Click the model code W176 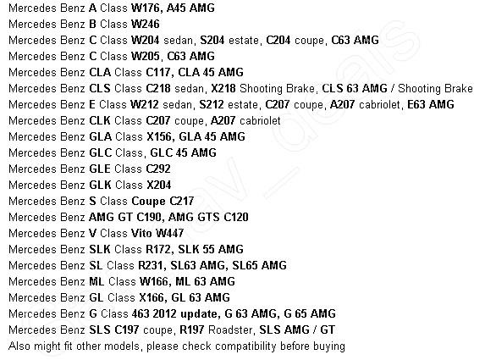point(146,8)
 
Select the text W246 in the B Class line point(146,24)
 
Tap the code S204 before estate point(212,40)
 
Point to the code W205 point(146,56)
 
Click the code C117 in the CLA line point(157,72)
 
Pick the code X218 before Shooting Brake point(223,88)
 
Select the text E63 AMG point(431,104)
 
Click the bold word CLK point(100,120)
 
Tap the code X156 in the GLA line point(159,136)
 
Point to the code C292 point(158,169)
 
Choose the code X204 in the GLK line point(159,185)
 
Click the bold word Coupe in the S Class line point(148,202)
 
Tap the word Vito point(141,233)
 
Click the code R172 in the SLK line point(158,249)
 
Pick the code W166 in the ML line point(154,281)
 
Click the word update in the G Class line point(199,314)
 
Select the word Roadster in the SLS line point(230,330)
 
